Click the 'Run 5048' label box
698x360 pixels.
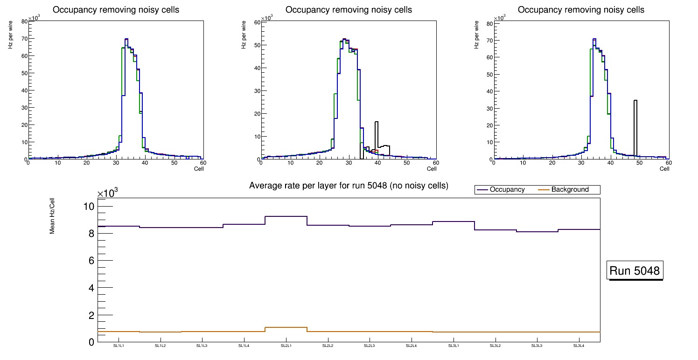[x=635, y=271]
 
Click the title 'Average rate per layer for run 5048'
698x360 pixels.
[x=349, y=186]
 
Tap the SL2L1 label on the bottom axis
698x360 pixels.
[x=286, y=346]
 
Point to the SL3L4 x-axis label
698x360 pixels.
[x=579, y=346]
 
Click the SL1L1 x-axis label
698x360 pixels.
[x=119, y=346]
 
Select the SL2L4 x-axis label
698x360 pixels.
[x=411, y=346]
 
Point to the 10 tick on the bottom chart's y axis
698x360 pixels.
[x=89, y=206]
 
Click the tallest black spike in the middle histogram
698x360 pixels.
[x=377, y=135]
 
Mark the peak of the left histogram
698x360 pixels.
[x=126, y=39]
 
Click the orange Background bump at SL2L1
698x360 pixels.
[x=286, y=327]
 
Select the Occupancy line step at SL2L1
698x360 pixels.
[x=286, y=216]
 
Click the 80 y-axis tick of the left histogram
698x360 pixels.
[x=24, y=21]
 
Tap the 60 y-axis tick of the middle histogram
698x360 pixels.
[x=257, y=22]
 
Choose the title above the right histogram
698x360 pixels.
[x=581, y=10]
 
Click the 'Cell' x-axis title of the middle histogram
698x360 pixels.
[x=432, y=169]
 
